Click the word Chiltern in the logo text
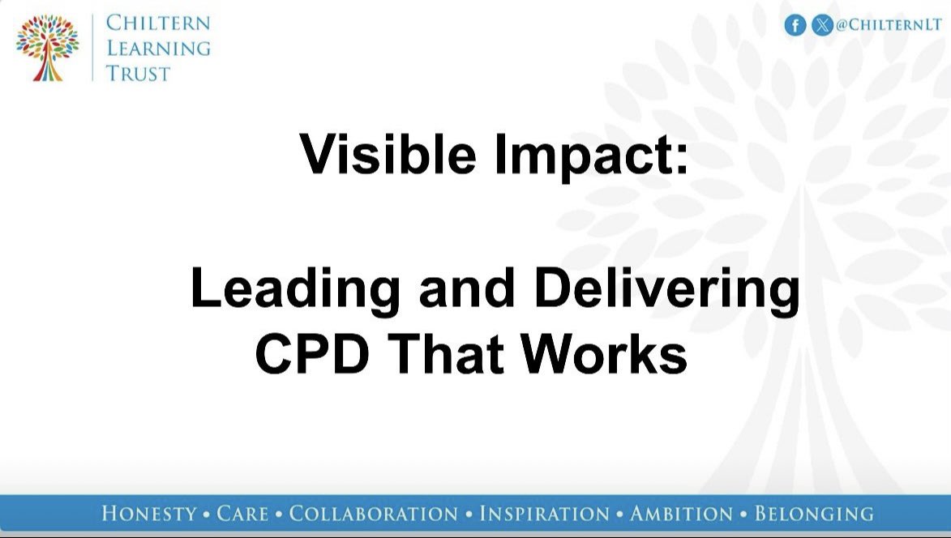pos(158,23)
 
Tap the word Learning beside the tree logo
pos(158,48)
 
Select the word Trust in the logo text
pos(139,73)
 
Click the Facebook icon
pos(795,25)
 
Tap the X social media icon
pos(822,25)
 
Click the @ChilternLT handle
pos(889,25)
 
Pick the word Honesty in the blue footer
pos(149,514)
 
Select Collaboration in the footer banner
pos(374,514)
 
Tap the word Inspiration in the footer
pos(544,514)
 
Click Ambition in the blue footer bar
pos(681,514)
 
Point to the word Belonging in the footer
pos(814,514)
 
